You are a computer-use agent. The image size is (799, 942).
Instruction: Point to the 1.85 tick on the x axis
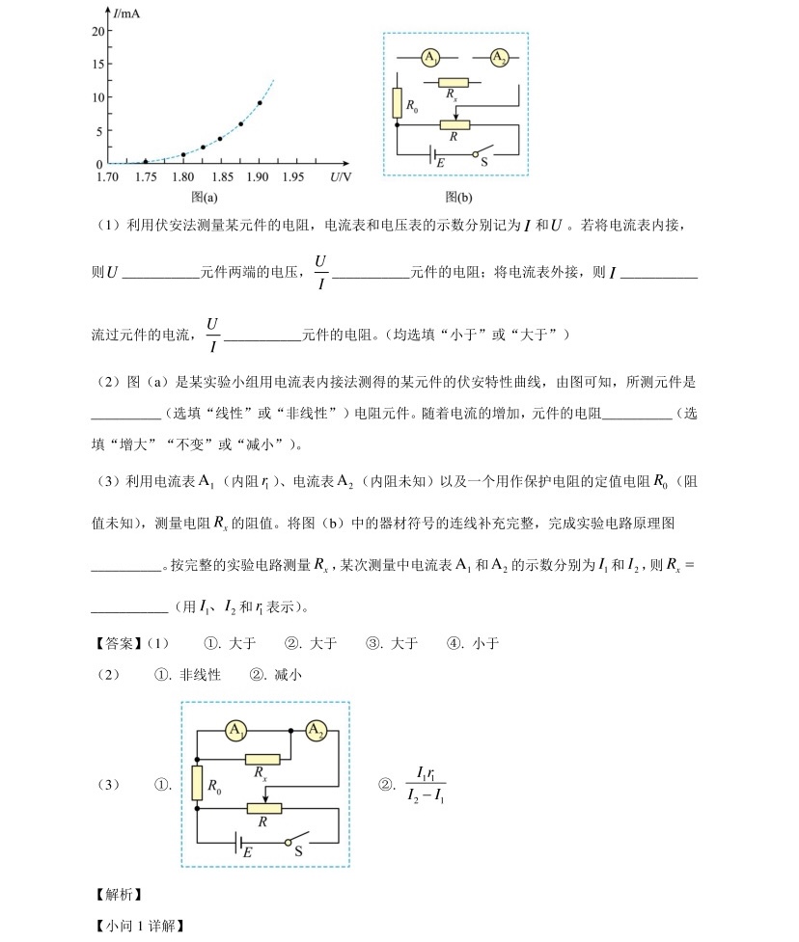pyautogui.click(x=220, y=163)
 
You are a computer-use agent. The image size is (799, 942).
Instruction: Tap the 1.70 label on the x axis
pyautogui.click(x=107, y=176)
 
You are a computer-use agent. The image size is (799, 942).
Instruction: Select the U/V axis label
pyautogui.click(x=340, y=176)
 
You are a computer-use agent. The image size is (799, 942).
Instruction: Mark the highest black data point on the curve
pyautogui.click(x=260, y=102)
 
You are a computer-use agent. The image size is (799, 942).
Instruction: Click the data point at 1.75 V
pyautogui.click(x=146, y=162)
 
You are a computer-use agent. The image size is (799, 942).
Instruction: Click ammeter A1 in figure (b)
pyautogui.click(x=430, y=58)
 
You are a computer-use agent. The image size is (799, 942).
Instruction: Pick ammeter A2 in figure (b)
pyautogui.click(x=499, y=58)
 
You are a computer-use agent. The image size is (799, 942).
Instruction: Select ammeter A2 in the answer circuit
pyautogui.click(x=316, y=731)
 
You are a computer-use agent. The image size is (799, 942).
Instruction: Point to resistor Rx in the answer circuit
pyautogui.click(x=262, y=760)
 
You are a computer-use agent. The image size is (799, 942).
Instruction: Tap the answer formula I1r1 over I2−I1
pyautogui.click(x=426, y=785)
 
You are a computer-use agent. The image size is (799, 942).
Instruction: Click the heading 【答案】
pyautogui.click(x=116, y=643)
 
